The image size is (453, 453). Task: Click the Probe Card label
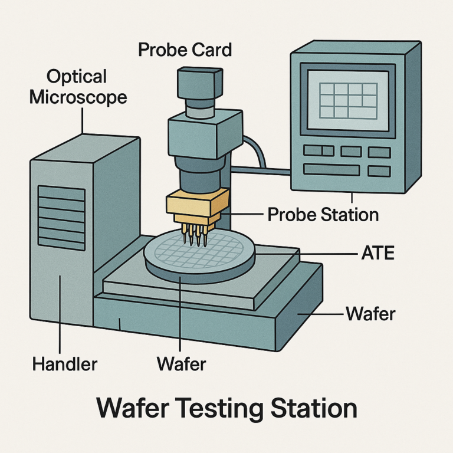185,50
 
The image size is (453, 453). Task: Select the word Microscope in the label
78,96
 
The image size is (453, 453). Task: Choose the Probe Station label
323,214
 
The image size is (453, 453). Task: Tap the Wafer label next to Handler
181,364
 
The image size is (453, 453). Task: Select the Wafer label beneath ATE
370,313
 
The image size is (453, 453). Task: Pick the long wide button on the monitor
331,170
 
